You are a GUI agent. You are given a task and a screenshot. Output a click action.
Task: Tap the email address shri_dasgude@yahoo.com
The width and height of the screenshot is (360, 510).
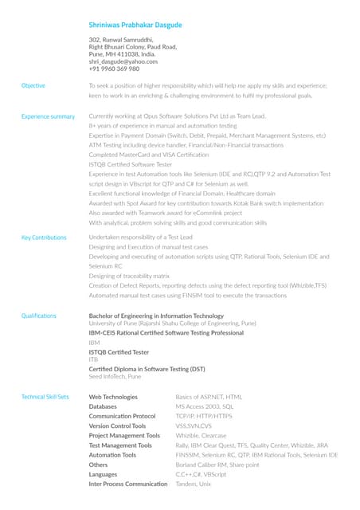coord(123,61)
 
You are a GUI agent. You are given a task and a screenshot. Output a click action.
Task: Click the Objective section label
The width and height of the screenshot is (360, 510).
coord(33,85)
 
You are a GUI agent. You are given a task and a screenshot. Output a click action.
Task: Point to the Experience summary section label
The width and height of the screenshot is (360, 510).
coord(48,116)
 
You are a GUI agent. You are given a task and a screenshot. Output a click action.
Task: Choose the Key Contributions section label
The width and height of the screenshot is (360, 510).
coord(44,237)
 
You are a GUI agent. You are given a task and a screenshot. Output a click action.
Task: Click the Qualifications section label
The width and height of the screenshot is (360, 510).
coord(39,316)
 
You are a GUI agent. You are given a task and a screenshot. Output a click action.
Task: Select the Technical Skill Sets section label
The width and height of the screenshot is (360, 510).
coord(45,397)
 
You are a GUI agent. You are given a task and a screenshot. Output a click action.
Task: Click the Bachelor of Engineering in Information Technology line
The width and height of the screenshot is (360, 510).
coord(156,316)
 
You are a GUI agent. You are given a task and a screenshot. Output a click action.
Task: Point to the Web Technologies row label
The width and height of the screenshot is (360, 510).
coord(113,397)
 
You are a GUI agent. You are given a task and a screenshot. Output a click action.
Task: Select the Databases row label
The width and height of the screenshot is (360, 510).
coord(103,406)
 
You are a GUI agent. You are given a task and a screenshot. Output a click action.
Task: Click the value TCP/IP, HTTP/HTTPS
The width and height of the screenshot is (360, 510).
coord(204,416)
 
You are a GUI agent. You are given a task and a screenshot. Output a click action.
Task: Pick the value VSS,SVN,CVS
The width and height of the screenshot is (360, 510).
coord(194,426)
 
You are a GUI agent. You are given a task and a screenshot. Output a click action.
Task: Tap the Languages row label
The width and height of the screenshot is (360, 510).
coord(104,474)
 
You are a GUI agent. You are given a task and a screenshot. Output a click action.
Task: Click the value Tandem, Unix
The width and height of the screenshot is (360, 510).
coord(194,484)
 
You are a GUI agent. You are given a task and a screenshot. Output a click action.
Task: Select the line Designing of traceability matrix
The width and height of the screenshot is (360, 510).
coord(129,276)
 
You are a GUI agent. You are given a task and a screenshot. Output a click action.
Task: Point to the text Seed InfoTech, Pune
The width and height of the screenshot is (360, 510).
coord(115,376)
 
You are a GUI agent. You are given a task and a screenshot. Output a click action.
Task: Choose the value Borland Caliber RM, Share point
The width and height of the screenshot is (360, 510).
coord(217,465)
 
